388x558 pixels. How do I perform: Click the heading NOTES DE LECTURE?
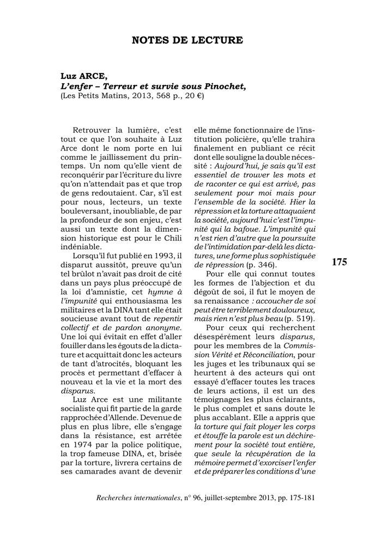[x=187, y=40]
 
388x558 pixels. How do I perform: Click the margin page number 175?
[x=338, y=263]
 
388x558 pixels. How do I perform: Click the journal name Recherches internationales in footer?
[x=138, y=498]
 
